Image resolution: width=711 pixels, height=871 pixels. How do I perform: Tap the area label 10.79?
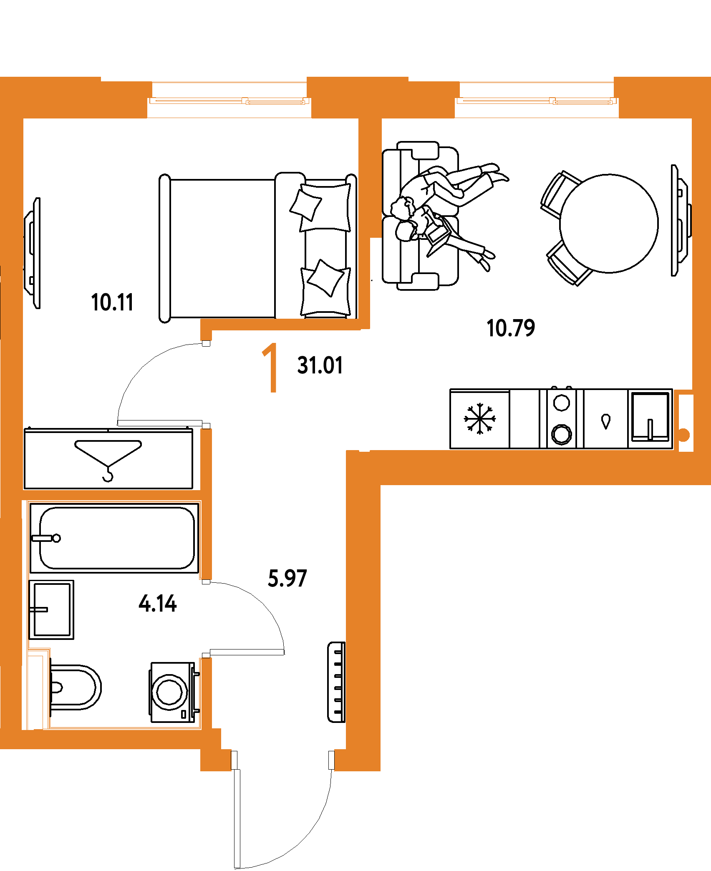coord(511,328)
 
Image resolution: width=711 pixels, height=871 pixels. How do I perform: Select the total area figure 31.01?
coord(320,365)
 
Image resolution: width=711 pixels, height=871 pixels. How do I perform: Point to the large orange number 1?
coord(271,368)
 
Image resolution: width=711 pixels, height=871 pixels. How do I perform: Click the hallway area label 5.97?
coord(287,578)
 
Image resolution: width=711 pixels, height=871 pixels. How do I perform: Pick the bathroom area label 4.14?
coord(158,603)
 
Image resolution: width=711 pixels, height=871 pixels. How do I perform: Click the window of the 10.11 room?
coord(229,101)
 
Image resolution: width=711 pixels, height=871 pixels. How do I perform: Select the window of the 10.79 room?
coord(537,101)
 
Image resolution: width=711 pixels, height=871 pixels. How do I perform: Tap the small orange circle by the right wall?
coord(684,435)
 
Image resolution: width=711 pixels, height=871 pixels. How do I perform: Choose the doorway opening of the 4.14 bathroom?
coord(206,618)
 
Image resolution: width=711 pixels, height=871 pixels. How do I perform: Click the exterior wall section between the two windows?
coord(383,97)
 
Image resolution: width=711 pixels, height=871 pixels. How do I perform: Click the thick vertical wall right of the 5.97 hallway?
coord(363,605)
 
